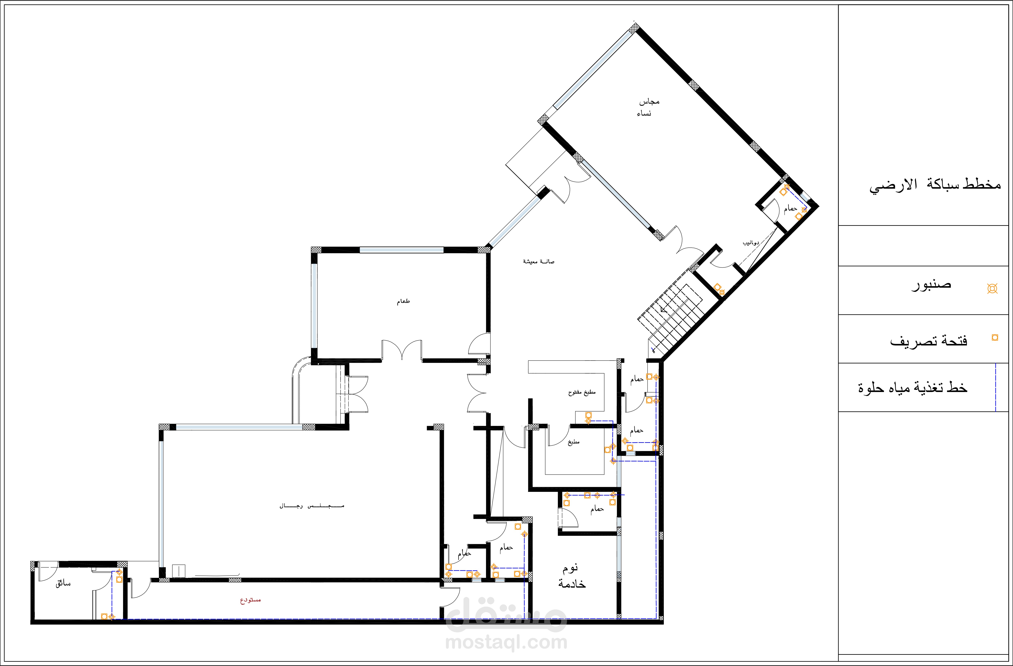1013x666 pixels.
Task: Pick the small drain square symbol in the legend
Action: pyautogui.click(x=995, y=337)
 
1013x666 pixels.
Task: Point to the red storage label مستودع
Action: pyautogui.click(x=250, y=600)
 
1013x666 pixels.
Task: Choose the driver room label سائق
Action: pyautogui.click(x=63, y=584)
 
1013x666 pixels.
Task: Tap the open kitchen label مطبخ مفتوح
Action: pyautogui.click(x=582, y=392)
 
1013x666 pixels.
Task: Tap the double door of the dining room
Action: pyautogui.click(x=402, y=350)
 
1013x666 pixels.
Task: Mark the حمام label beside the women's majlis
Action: pyautogui.click(x=790, y=208)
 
